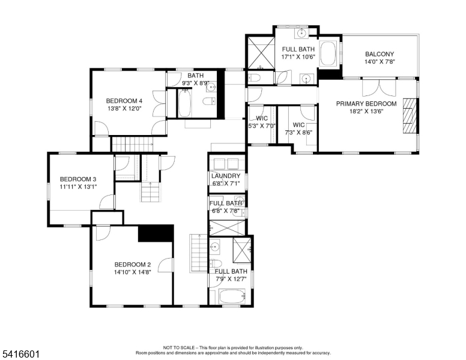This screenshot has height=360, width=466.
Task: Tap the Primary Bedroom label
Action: pyautogui.click(x=366, y=104)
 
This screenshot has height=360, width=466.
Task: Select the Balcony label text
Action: pyautogui.click(x=380, y=54)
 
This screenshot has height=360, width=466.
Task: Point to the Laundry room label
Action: pyautogui.click(x=226, y=176)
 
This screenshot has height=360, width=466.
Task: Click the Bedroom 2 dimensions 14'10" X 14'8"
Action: pyautogui.click(x=133, y=272)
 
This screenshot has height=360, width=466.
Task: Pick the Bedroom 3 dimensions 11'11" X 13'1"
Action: pyautogui.click(x=78, y=187)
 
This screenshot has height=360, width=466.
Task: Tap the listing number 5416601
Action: pyautogui.click(x=21, y=354)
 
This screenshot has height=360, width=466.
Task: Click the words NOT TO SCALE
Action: pyautogui.click(x=179, y=347)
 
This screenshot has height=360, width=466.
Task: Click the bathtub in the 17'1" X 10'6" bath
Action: pyautogui.click(x=328, y=53)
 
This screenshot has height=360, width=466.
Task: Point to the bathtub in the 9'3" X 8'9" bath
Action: pyautogui.click(x=184, y=103)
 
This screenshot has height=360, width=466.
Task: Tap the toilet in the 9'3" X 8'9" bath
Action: pyautogui.click(x=209, y=101)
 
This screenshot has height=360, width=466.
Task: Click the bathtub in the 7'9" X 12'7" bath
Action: pyautogui.click(x=232, y=296)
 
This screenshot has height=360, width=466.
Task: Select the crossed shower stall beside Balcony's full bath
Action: pyautogui.click(x=261, y=52)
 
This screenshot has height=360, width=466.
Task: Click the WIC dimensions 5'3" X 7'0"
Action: pyautogui.click(x=262, y=126)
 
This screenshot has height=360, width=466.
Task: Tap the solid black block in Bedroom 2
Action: pyautogui.click(x=156, y=233)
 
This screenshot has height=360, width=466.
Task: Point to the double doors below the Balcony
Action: pyautogui.click(x=379, y=88)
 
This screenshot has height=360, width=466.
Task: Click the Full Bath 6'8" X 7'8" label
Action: pyautogui.click(x=226, y=207)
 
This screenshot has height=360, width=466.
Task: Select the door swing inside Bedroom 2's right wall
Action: pyautogui.click(x=166, y=265)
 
